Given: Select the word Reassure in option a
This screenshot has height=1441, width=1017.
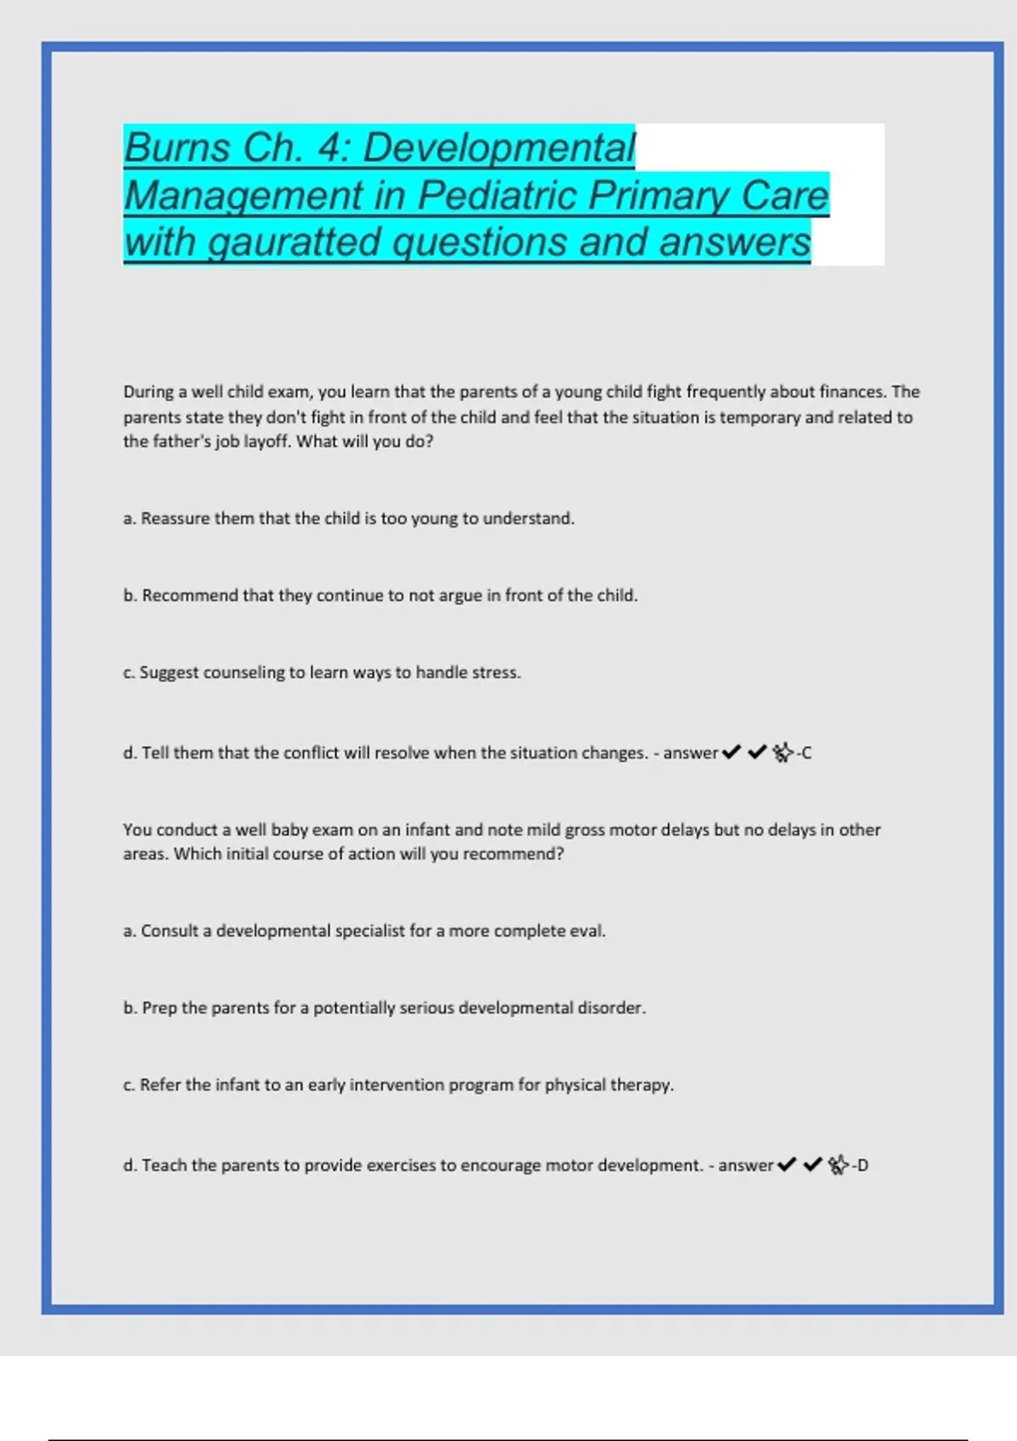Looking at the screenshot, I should click(175, 518).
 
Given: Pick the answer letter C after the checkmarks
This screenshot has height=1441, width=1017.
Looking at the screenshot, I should click(806, 753).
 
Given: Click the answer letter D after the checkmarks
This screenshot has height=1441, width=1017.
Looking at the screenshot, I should click(862, 1166).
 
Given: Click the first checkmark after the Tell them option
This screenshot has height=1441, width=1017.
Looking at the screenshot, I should click(731, 752).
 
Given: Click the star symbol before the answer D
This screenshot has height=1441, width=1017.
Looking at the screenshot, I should click(838, 1166).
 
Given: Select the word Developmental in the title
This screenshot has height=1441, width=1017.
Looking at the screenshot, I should click(499, 148).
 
